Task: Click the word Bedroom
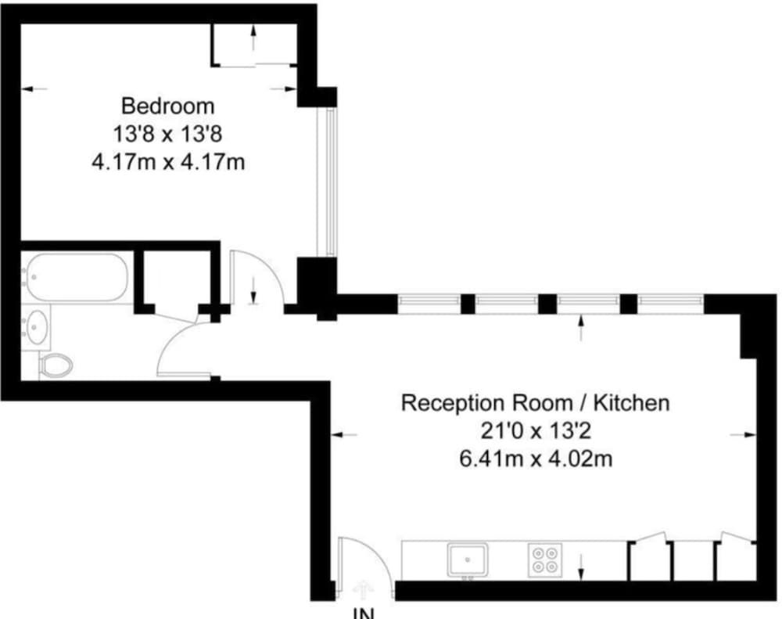[x=167, y=105]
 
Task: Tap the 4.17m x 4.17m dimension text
[x=167, y=163]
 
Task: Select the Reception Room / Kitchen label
[x=535, y=404]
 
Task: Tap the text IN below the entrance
[x=363, y=613]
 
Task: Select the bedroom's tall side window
[x=331, y=182]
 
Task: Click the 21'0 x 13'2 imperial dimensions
[x=535, y=431]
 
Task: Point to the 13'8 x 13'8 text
[x=167, y=134]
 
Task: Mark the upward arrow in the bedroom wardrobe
[x=253, y=37]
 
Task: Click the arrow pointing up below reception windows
[x=580, y=328]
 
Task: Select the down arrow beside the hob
[x=581, y=567]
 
